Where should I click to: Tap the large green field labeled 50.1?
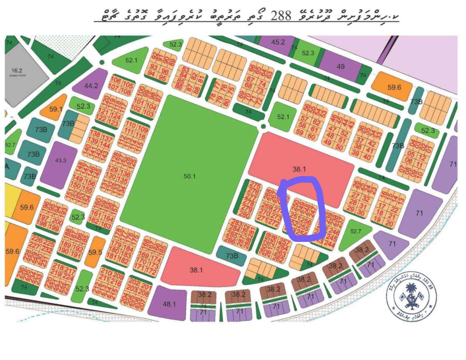189,176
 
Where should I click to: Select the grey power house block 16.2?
22,73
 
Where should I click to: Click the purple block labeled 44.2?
91,86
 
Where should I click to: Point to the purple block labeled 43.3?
60,160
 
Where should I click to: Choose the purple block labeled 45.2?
278,42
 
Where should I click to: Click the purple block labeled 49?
340,66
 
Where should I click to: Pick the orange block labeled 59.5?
95,252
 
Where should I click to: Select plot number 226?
37,239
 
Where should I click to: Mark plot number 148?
80,166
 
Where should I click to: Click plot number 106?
116,81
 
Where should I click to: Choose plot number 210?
106,271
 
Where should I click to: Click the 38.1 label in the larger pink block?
299,169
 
